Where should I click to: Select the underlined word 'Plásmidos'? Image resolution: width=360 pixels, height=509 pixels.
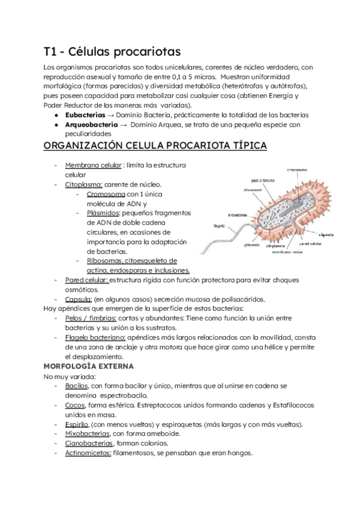(103, 213)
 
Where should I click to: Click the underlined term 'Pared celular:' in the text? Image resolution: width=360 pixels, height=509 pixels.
(86, 280)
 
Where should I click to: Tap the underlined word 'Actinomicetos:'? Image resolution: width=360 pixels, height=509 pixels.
(88, 453)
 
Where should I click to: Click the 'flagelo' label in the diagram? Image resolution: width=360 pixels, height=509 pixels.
(220, 226)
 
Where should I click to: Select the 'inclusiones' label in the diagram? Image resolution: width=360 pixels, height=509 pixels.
(239, 214)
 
